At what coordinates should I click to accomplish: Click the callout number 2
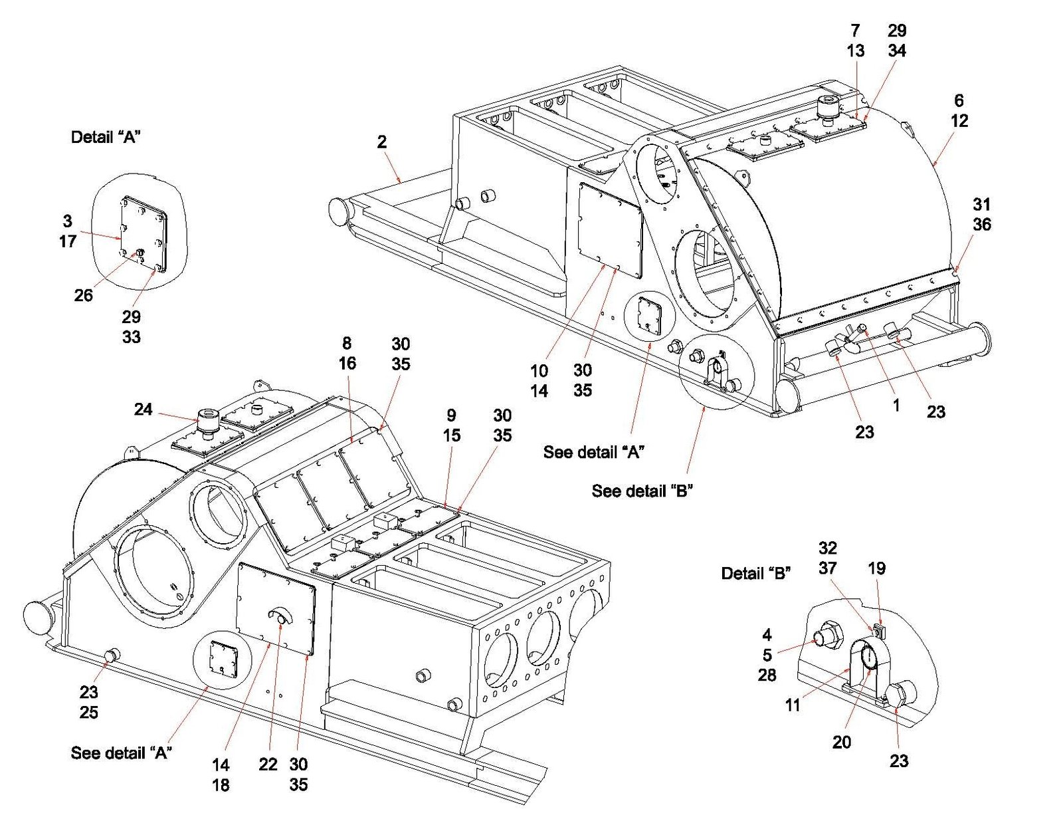click(381, 142)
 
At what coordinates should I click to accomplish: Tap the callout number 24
click(143, 409)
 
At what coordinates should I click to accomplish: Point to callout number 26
click(83, 295)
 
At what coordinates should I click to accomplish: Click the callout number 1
click(896, 406)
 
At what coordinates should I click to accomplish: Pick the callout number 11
click(793, 705)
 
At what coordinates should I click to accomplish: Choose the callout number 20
click(841, 742)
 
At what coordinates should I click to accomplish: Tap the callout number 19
click(876, 568)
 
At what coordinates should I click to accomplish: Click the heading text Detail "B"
click(756, 573)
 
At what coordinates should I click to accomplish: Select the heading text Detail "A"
click(106, 137)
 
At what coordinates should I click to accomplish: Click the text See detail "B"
click(642, 491)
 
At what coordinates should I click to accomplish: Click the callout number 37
click(828, 568)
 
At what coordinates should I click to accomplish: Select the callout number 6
click(959, 100)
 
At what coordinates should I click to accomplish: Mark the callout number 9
click(451, 415)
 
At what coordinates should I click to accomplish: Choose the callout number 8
click(346, 343)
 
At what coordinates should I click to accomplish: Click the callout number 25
click(89, 712)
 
